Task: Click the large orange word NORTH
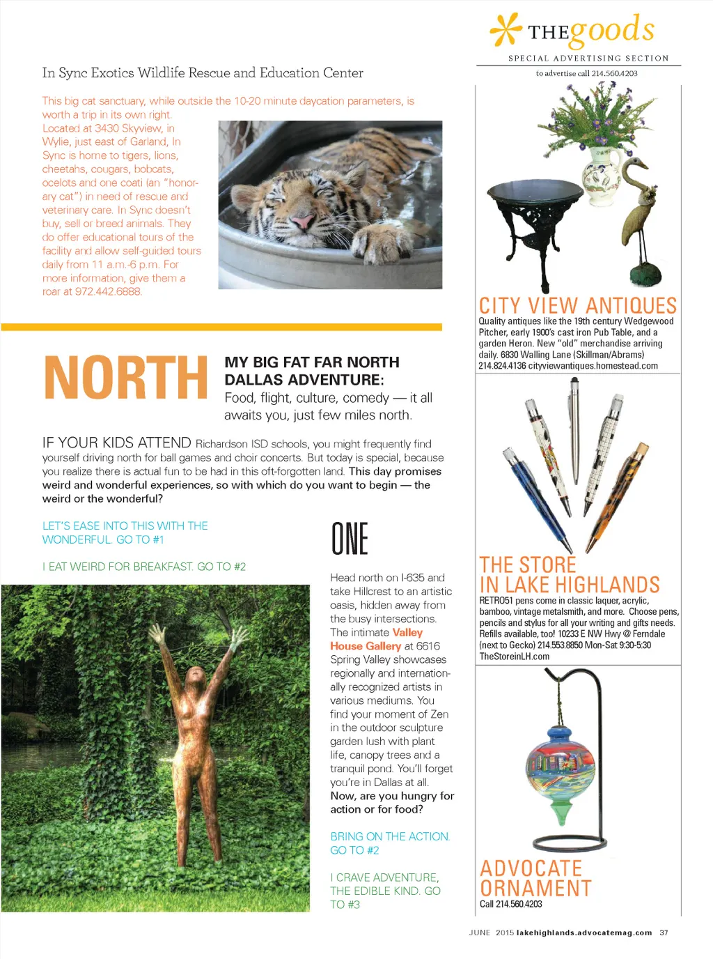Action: click(x=125, y=378)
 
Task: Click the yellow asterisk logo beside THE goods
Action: click(x=506, y=30)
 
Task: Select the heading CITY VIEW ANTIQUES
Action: click(x=577, y=306)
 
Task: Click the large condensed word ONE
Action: click(x=350, y=539)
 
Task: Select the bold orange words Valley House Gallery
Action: click(x=377, y=639)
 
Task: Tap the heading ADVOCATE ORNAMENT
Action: click(x=535, y=878)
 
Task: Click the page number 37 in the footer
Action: click(x=664, y=933)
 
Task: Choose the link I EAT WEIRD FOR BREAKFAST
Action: click(x=143, y=567)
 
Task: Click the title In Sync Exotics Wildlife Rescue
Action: click(x=203, y=73)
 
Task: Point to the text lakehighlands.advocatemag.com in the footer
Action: click(x=584, y=933)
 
